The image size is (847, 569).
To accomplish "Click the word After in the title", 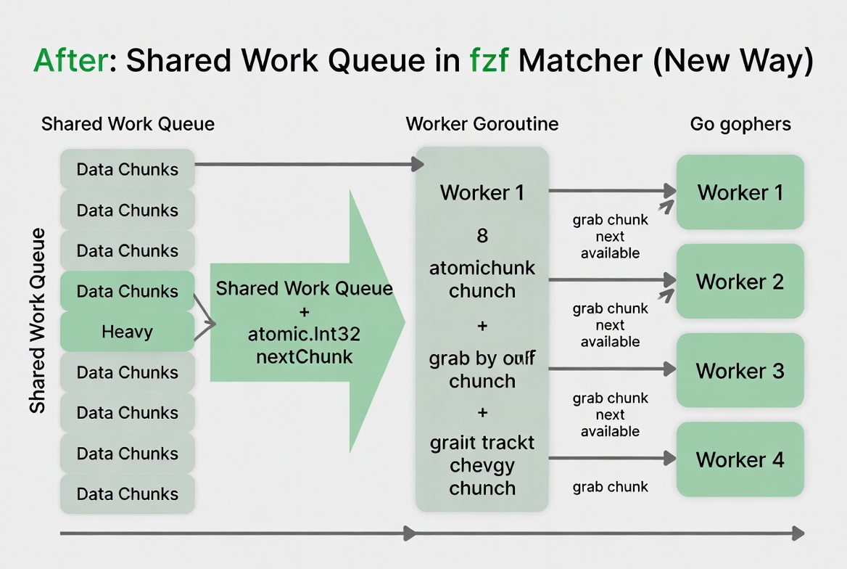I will [71, 61].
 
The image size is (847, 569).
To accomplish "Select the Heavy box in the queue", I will [127, 332].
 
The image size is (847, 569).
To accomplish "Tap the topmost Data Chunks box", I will [127, 169].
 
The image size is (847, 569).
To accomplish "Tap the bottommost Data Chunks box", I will [127, 494].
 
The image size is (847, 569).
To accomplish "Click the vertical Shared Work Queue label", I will [38, 320].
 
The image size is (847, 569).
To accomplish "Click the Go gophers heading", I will [740, 124].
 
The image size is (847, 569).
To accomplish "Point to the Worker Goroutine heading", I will [482, 124].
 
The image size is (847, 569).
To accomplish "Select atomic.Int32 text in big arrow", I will [304, 335].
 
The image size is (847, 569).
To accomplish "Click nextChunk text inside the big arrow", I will [304, 356].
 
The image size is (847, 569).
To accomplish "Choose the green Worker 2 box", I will [740, 282].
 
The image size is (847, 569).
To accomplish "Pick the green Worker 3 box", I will [740, 371].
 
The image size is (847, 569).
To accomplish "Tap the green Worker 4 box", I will [740, 459].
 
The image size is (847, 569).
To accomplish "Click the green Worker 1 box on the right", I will [740, 192].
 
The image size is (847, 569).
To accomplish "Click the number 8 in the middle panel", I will [482, 236].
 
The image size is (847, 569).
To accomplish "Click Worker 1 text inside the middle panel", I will [482, 193].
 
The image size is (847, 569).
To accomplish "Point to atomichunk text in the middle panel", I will [482, 268].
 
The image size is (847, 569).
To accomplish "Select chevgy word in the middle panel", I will [482, 464].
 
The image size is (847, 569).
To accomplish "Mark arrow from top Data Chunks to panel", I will [305, 165].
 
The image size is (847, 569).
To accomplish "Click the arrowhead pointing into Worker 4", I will [669, 458].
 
